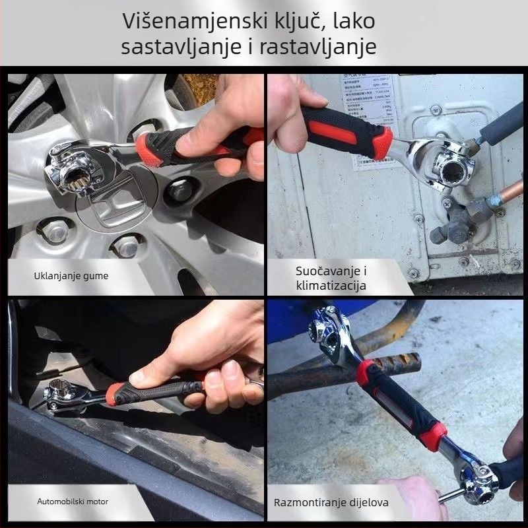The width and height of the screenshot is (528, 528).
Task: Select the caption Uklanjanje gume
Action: point(71,275)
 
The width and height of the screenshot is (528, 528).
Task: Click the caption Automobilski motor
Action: point(72,501)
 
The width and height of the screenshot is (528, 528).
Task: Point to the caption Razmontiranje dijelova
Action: point(331,503)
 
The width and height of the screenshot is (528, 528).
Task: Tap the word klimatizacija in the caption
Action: point(331,286)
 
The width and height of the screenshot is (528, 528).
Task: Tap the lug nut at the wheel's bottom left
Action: point(56,231)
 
